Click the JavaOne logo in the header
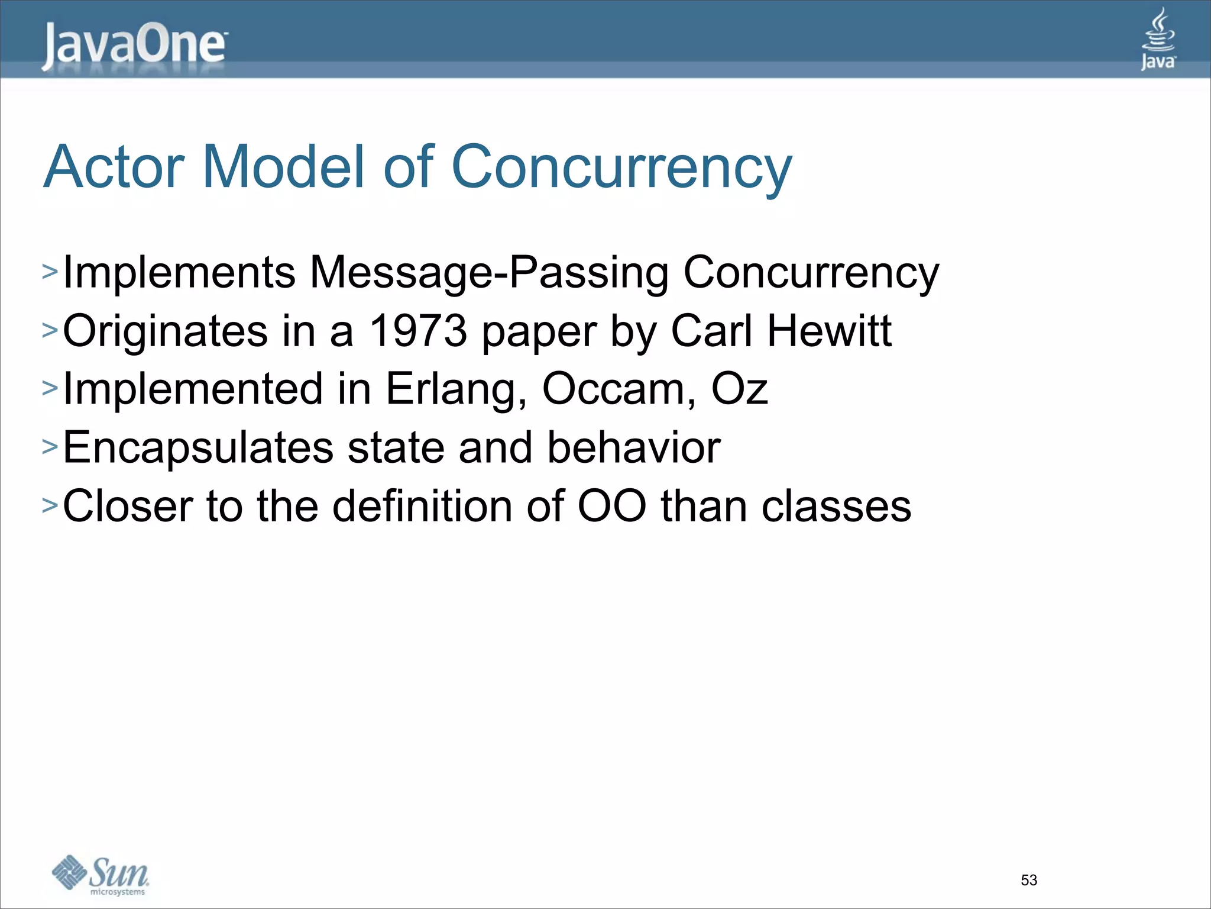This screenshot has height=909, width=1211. point(134,46)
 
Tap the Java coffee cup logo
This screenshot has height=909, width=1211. point(1158,39)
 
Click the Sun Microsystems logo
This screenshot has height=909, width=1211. point(101,875)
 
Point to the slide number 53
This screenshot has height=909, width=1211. point(1029,880)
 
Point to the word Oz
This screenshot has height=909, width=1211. point(739,389)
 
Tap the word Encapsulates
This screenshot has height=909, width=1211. point(198,448)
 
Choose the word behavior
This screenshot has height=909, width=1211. point(633,447)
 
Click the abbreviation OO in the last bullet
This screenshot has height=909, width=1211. point(612,506)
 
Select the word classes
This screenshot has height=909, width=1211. point(836,506)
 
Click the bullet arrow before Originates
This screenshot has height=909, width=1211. point(50,331)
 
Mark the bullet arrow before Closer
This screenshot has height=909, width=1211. point(50,506)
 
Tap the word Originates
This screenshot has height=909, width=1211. point(165,331)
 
